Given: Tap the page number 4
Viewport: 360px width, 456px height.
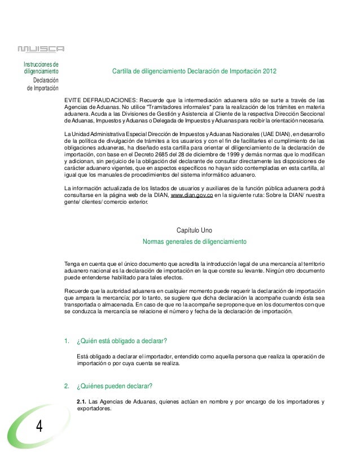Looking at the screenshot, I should pyautogui.click(x=39, y=426).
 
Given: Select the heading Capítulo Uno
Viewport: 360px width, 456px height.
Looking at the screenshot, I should pyautogui.click(x=195, y=231).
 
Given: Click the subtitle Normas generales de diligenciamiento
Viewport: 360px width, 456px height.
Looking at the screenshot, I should pyautogui.click(x=195, y=242).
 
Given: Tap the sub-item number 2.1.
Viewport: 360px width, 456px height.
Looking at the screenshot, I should pyautogui.click(x=81, y=402).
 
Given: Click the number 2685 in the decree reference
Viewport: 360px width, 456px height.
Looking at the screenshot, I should pyautogui.click(x=160, y=153).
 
